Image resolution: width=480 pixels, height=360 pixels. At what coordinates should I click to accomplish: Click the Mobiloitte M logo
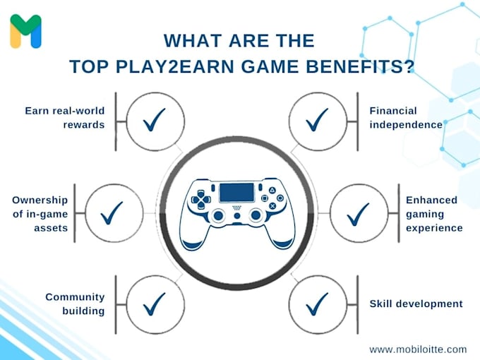pyautogui.click(x=25, y=31)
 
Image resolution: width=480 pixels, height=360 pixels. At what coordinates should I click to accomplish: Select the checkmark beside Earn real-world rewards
pyautogui.click(x=153, y=121)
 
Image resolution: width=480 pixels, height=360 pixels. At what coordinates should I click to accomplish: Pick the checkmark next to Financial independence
pyautogui.click(x=316, y=121)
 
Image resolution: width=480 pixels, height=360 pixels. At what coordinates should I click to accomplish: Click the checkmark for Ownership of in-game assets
pyautogui.click(x=112, y=210)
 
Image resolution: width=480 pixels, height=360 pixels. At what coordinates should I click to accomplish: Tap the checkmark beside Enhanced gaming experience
pyautogui.click(x=358, y=210)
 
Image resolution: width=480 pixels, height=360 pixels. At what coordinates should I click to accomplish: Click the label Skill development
pyautogui.click(x=416, y=304)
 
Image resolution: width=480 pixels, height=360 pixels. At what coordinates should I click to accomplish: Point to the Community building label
pyautogui.click(x=75, y=304)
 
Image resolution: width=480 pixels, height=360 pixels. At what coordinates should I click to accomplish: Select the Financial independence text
pyautogui.click(x=405, y=117)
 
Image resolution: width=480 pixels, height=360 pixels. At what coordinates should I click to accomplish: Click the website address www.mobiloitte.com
pyautogui.click(x=418, y=349)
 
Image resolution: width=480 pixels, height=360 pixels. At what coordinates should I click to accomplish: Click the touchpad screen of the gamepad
pyautogui.click(x=236, y=192)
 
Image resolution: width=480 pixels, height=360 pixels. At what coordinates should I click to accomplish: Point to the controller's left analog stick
pyautogui.click(x=219, y=215)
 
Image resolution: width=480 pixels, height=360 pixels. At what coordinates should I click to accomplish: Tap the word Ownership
pyautogui.click(x=40, y=200)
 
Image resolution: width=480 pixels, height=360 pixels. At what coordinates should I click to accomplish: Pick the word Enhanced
pyautogui.click(x=431, y=200)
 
